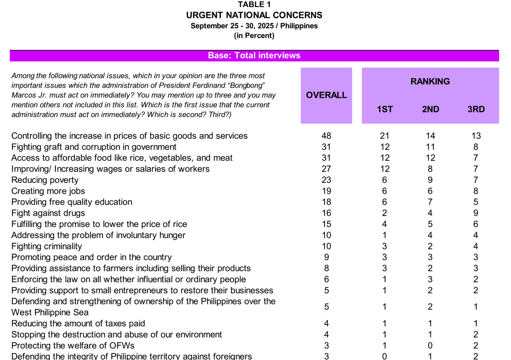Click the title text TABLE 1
[x=254, y=5]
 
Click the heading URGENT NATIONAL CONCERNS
[x=254, y=15]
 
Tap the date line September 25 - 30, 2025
[x=254, y=26]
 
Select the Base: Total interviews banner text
[x=254, y=56]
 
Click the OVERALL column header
[x=326, y=95]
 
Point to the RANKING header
[x=430, y=82]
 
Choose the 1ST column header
[x=385, y=109]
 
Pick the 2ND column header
[x=430, y=109]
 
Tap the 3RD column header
[x=476, y=109]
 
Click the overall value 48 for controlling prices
[x=326, y=136]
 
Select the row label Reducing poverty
[x=45, y=180]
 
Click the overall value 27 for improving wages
[x=326, y=169]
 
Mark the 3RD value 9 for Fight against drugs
[x=476, y=213]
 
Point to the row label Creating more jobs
[x=48, y=191]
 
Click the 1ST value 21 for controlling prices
[x=385, y=136]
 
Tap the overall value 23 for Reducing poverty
[x=326, y=180]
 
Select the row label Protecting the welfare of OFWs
[x=73, y=346]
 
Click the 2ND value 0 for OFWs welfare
[x=430, y=346]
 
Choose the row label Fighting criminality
[x=46, y=246]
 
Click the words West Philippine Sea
[x=50, y=312]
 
